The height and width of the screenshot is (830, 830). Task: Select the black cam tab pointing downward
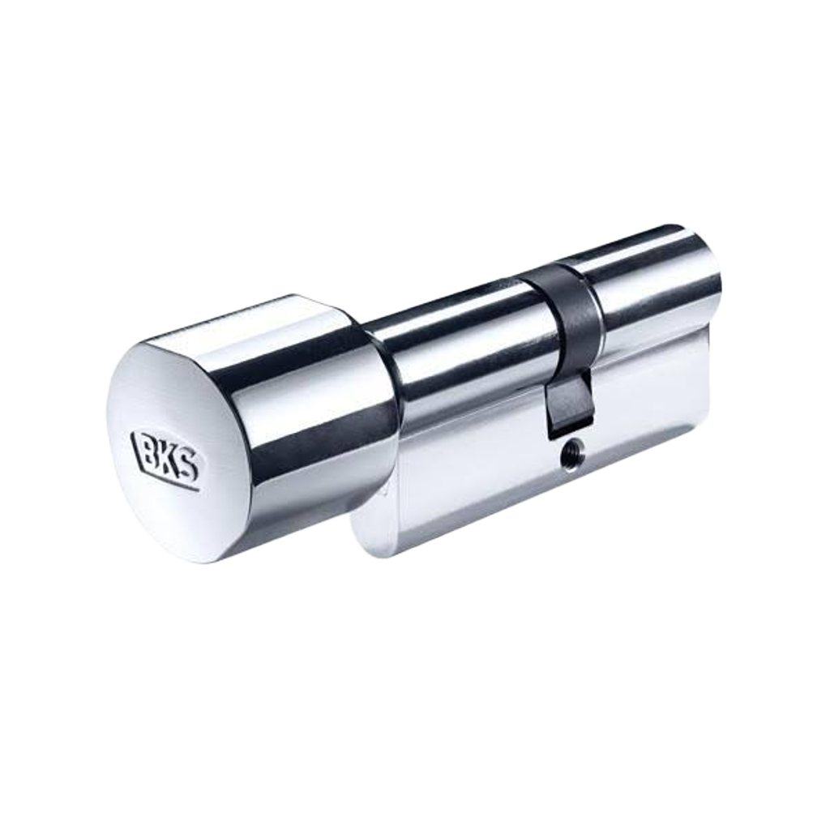pyautogui.click(x=570, y=404)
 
